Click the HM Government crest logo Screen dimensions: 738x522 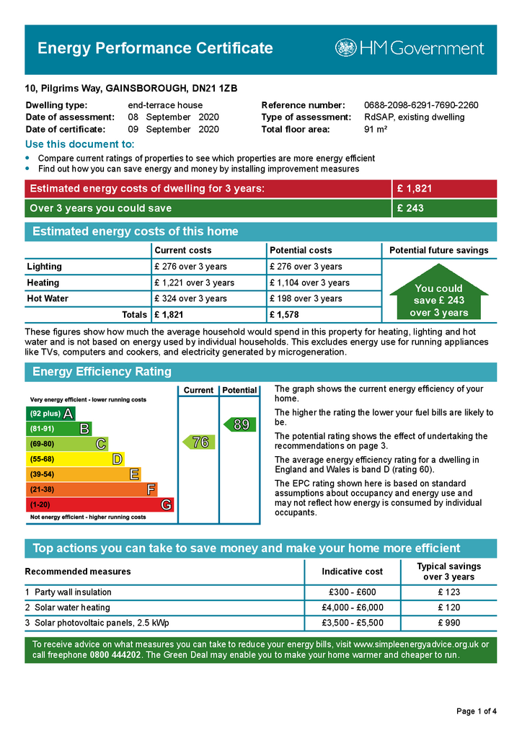(x=346, y=48)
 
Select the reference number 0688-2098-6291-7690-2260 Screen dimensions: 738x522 (x=421, y=105)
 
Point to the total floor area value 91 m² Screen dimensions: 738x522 (x=376, y=130)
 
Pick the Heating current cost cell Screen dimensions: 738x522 (x=194, y=283)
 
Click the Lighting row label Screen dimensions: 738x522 (x=45, y=267)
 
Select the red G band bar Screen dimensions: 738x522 (x=99, y=504)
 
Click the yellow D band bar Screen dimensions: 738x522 (x=75, y=459)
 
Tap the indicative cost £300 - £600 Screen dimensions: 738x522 (x=352, y=592)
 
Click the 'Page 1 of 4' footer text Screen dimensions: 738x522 (x=477, y=711)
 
